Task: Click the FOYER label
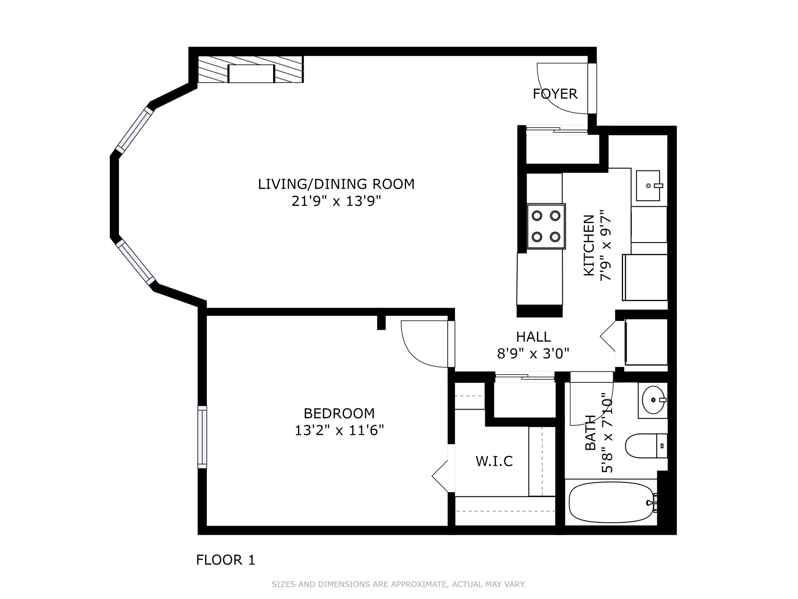(x=555, y=94)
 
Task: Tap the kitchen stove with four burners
(x=546, y=226)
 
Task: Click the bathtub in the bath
(x=611, y=503)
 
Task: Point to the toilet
(x=645, y=446)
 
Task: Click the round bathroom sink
(x=653, y=400)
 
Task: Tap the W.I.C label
(x=494, y=461)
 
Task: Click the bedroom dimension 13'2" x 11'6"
(x=339, y=431)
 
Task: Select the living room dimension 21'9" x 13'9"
(x=336, y=201)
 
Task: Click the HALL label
(x=533, y=337)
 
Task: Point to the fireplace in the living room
(x=251, y=73)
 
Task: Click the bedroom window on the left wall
(x=202, y=437)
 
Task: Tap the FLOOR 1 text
(x=225, y=560)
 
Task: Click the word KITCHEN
(x=589, y=245)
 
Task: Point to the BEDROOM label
(x=339, y=413)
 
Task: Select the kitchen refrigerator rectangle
(x=645, y=277)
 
